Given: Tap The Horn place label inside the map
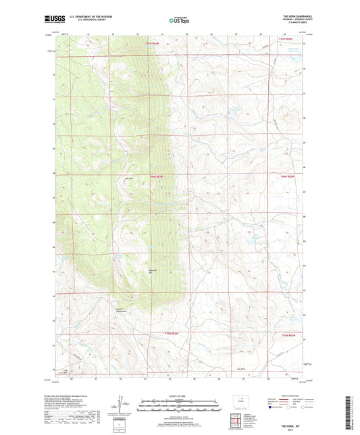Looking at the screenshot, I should (x=130, y=178).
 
